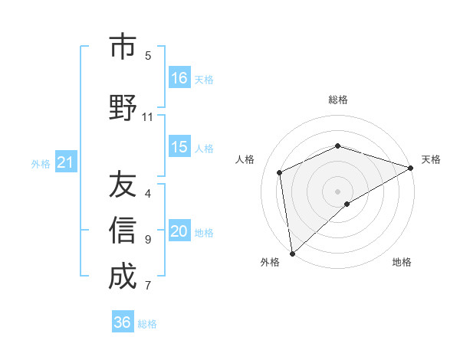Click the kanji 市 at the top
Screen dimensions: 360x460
click(x=122, y=47)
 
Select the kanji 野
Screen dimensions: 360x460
click(x=122, y=108)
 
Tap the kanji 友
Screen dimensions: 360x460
click(x=122, y=185)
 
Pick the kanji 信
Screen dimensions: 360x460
click(x=122, y=231)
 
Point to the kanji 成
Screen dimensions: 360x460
click(x=122, y=277)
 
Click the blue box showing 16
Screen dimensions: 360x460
click(x=179, y=78)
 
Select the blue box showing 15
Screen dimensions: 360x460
click(x=179, y=148)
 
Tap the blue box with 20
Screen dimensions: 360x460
click(x=179, y=232)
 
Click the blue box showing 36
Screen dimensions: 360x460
click(x=123, y=323)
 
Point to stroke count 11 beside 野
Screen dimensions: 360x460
click(x=148, y=117)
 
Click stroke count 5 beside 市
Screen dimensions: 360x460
click(x=148, y=55)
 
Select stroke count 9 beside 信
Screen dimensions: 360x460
click(x=148, y=240)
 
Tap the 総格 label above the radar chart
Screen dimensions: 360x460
click(x=338, y=100)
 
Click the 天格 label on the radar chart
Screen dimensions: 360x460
click(x=431, y=159)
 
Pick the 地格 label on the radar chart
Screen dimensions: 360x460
click(x=402, y=263)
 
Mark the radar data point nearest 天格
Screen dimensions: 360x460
click(x=410, y=168)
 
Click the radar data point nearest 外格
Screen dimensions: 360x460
click(x=292, y=254)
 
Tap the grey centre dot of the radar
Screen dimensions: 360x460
click(x=337, y=191)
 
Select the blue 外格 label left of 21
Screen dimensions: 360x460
click(x=41, y=164)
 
